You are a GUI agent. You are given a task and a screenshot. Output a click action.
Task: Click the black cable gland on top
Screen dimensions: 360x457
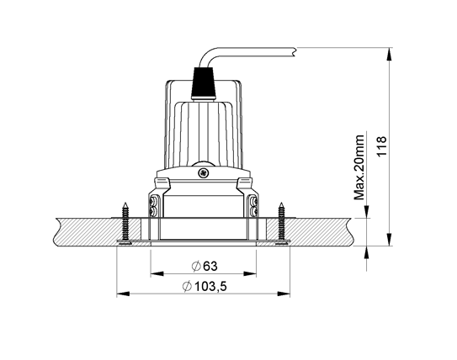click(x=203, y=82)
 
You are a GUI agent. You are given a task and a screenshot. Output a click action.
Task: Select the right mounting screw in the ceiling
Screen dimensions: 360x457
click(x=279, y=222)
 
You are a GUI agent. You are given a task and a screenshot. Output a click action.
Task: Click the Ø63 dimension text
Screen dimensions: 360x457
click(x=204, y=265)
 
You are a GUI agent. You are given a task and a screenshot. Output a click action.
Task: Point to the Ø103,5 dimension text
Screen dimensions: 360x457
click(x=204, y=287)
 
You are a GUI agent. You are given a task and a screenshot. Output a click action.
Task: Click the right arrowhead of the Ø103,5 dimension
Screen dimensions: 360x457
click(x=286, y=294)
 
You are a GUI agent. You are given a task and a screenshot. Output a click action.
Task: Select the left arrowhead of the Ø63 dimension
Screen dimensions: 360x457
click(x=154, y=273)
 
